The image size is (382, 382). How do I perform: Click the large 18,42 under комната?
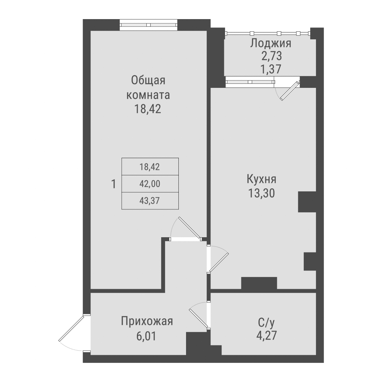coord(148,109)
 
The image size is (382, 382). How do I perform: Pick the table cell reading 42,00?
coord(150,184)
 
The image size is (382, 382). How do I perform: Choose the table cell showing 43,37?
coord(150,201)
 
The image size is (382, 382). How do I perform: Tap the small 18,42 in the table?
coord(150,167)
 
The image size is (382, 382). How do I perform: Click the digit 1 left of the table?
coord(113,184)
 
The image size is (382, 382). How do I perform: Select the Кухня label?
coord(262,179)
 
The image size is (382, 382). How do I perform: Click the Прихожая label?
coord(147,321)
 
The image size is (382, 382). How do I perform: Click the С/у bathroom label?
coord(266,323)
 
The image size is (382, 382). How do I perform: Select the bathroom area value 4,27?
coord(266,336)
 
